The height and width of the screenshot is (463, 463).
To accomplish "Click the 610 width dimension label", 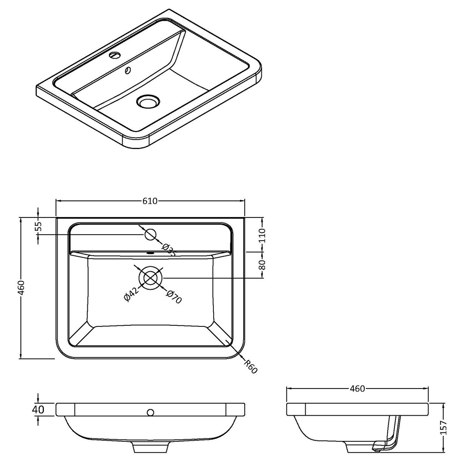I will point(150,201).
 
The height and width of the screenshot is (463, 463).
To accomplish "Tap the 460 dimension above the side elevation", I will point(357,388).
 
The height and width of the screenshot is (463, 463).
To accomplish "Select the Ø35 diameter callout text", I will point(169,250).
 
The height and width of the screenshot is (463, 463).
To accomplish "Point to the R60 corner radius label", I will point(251,367).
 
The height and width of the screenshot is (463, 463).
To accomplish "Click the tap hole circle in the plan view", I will point(151,235).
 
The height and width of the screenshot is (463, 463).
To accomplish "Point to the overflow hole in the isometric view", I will point(128,70).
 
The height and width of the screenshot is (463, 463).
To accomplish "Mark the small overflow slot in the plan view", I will point(151,253).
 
